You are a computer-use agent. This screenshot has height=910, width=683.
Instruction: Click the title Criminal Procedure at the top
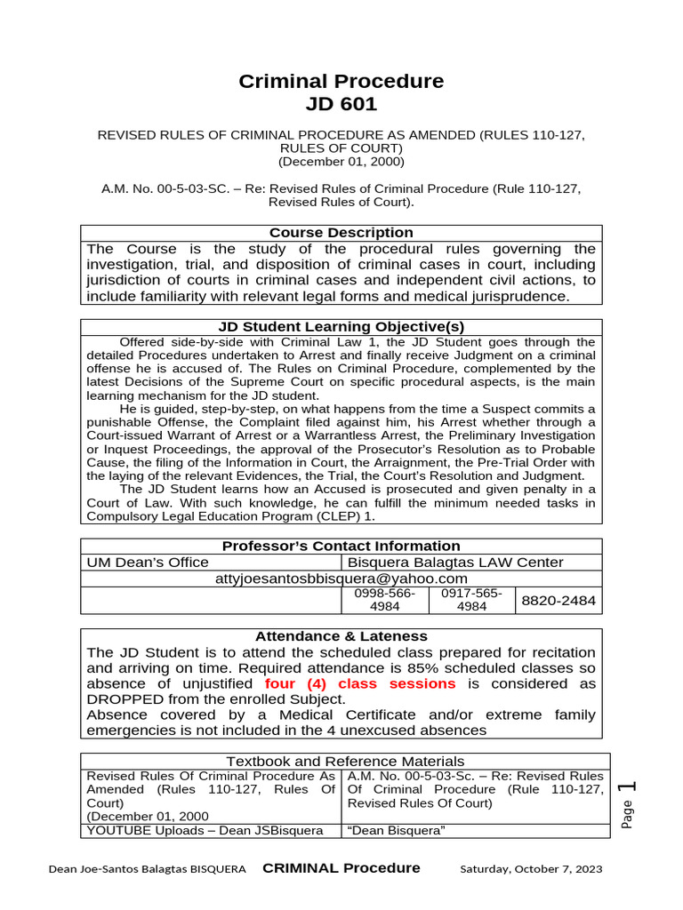[341, 81]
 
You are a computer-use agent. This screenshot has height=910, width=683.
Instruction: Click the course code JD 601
[341, 104]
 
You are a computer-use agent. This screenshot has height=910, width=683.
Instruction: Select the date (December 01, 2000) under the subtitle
[341, 162]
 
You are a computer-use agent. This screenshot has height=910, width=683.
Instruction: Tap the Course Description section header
[341, 233]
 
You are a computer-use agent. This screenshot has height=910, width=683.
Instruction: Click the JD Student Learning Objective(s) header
[341, 327]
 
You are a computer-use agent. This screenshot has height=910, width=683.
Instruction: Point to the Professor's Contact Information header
[341, 547]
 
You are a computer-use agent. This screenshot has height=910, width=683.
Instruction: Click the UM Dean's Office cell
[148, 563]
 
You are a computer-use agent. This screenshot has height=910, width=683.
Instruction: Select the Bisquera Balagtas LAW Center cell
[455, 563]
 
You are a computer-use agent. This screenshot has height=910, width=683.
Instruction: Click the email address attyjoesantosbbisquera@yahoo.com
[341, 579]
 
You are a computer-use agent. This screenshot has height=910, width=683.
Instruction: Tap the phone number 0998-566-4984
[384, 600]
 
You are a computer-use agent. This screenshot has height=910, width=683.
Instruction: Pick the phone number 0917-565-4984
[471, 600]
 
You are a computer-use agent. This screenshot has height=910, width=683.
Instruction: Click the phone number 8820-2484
[558, 602]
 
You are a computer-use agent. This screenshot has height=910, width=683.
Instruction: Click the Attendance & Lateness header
[341, 636]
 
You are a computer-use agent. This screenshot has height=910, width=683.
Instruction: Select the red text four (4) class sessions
[360, 684]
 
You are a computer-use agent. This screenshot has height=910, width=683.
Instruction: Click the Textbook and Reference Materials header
[344, 762]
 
